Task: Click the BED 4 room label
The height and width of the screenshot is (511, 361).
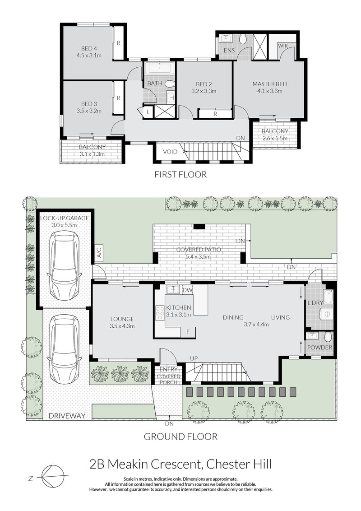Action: [x=89, y=48]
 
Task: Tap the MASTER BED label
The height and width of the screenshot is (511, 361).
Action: [x=269, y=84]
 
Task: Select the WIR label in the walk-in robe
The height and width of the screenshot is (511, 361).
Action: [x=283, y=46]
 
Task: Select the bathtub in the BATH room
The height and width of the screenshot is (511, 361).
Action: [x=159, y=70]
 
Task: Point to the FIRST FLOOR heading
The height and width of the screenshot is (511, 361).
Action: [x=180, y=174]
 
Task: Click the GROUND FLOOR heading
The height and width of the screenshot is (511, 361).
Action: [x=180, y=437]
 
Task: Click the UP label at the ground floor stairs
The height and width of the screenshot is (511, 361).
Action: [x=194, y=358]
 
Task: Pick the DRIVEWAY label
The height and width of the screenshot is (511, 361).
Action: [x=66, y=416]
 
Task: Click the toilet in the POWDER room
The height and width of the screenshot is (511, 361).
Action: [x=328, y=337]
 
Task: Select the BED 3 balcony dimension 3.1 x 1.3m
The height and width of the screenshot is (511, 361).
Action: [x=92, y=153]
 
